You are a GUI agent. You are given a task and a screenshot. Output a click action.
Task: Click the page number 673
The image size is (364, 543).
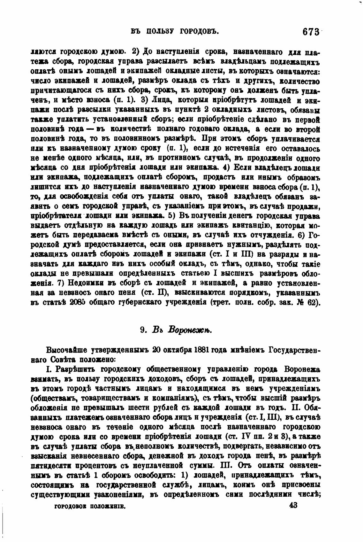(311, 32)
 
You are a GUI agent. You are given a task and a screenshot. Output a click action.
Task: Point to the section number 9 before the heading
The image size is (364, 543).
(143, 330)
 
